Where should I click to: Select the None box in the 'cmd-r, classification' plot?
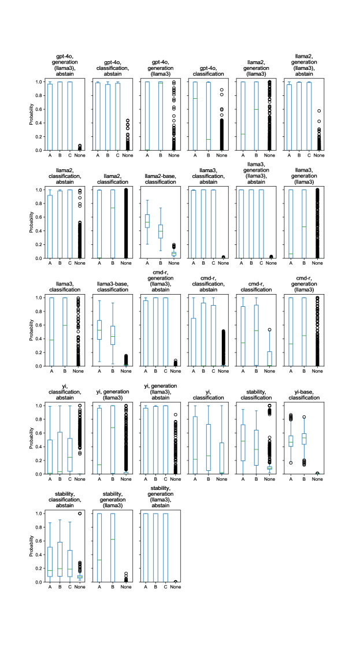[x=269, y=358]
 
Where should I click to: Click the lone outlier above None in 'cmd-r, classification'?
[x=269, y=330]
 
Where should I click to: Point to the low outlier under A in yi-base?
[x=291, y=463]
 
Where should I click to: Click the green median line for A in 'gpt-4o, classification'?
[x=195, y=98]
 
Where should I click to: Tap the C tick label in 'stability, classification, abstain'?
[x=69, y=588]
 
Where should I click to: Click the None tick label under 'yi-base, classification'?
[x=316, y=480]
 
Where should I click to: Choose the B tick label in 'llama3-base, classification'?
[x=112, y=371]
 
